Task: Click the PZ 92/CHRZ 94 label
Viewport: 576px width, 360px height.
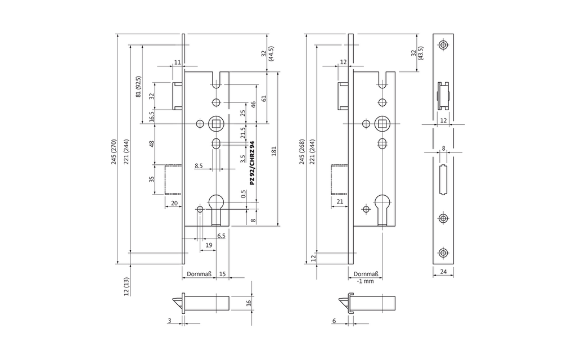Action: point(252,163)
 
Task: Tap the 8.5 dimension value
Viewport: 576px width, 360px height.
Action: point(199,166)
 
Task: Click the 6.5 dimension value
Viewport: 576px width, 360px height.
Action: point(221,236)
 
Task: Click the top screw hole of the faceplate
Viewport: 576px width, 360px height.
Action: point(444,44)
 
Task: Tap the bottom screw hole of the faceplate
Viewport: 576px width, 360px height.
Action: point(444,254)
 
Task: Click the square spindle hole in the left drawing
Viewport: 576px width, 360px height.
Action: point(215,123)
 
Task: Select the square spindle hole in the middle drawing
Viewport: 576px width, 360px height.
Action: point(382,123)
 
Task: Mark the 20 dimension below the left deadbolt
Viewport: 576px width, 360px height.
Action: point(174,202)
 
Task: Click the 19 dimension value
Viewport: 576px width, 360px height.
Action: point(209,246)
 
